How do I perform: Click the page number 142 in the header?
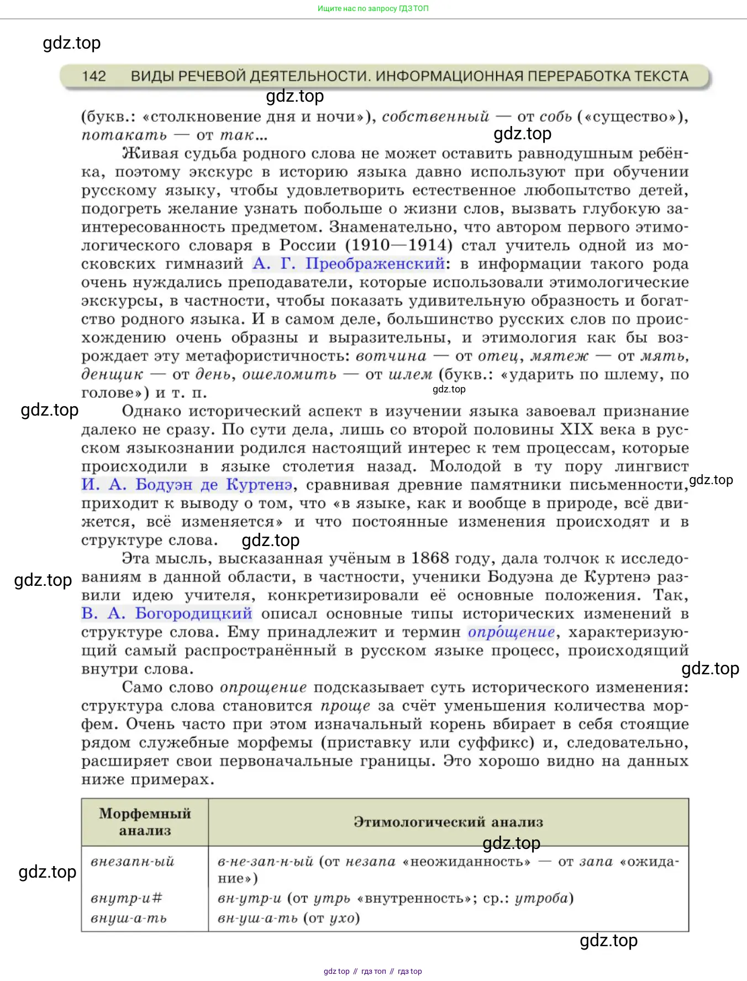coord(94,76)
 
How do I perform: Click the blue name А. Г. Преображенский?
coord(349,264)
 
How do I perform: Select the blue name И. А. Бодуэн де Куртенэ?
coord(187,485)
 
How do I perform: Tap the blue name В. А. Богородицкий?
coord(167,613)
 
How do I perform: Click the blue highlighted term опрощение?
coord(511,632)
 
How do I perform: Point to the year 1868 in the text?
coord(430,558)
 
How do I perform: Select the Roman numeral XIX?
coord(576,429)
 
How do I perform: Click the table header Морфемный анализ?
coord(145,822)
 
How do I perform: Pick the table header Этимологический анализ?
coord(448,822)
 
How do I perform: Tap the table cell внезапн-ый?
coord(133,862)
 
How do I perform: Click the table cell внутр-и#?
coord(127,898)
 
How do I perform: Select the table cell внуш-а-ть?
coord(129,918)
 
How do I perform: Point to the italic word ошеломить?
coord(290,374)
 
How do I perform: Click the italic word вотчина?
coord(391,356)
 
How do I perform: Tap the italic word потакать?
coord(124,135)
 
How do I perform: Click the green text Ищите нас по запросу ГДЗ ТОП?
coord(373,8)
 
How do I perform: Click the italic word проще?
coord(345,706)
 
